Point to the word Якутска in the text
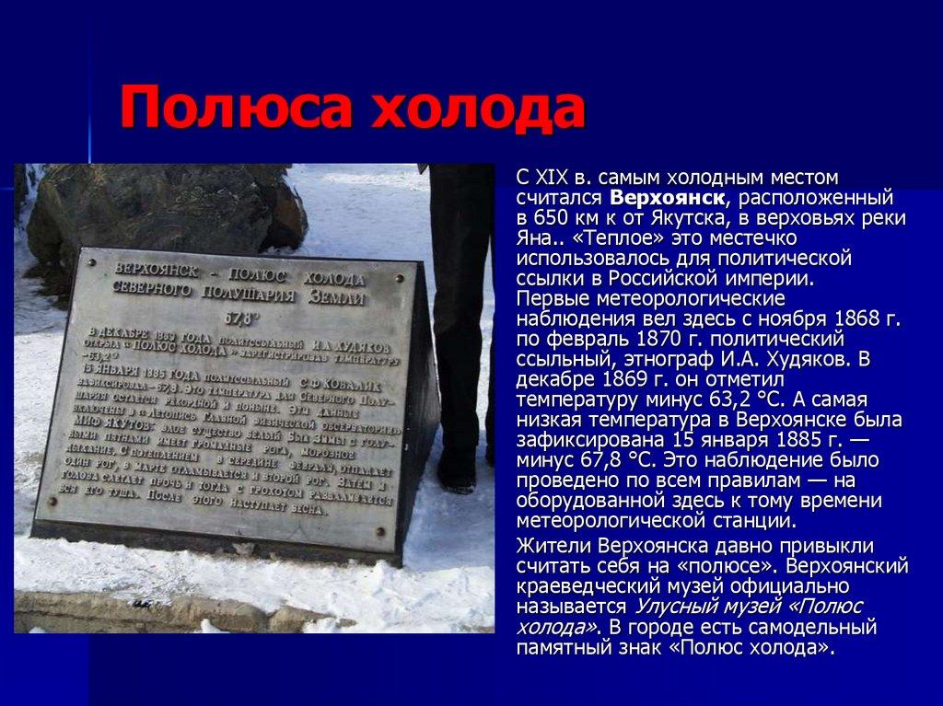[700, 218]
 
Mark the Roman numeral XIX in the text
[554, 177]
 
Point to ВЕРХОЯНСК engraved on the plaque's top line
[151, 268]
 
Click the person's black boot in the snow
[457, 469]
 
